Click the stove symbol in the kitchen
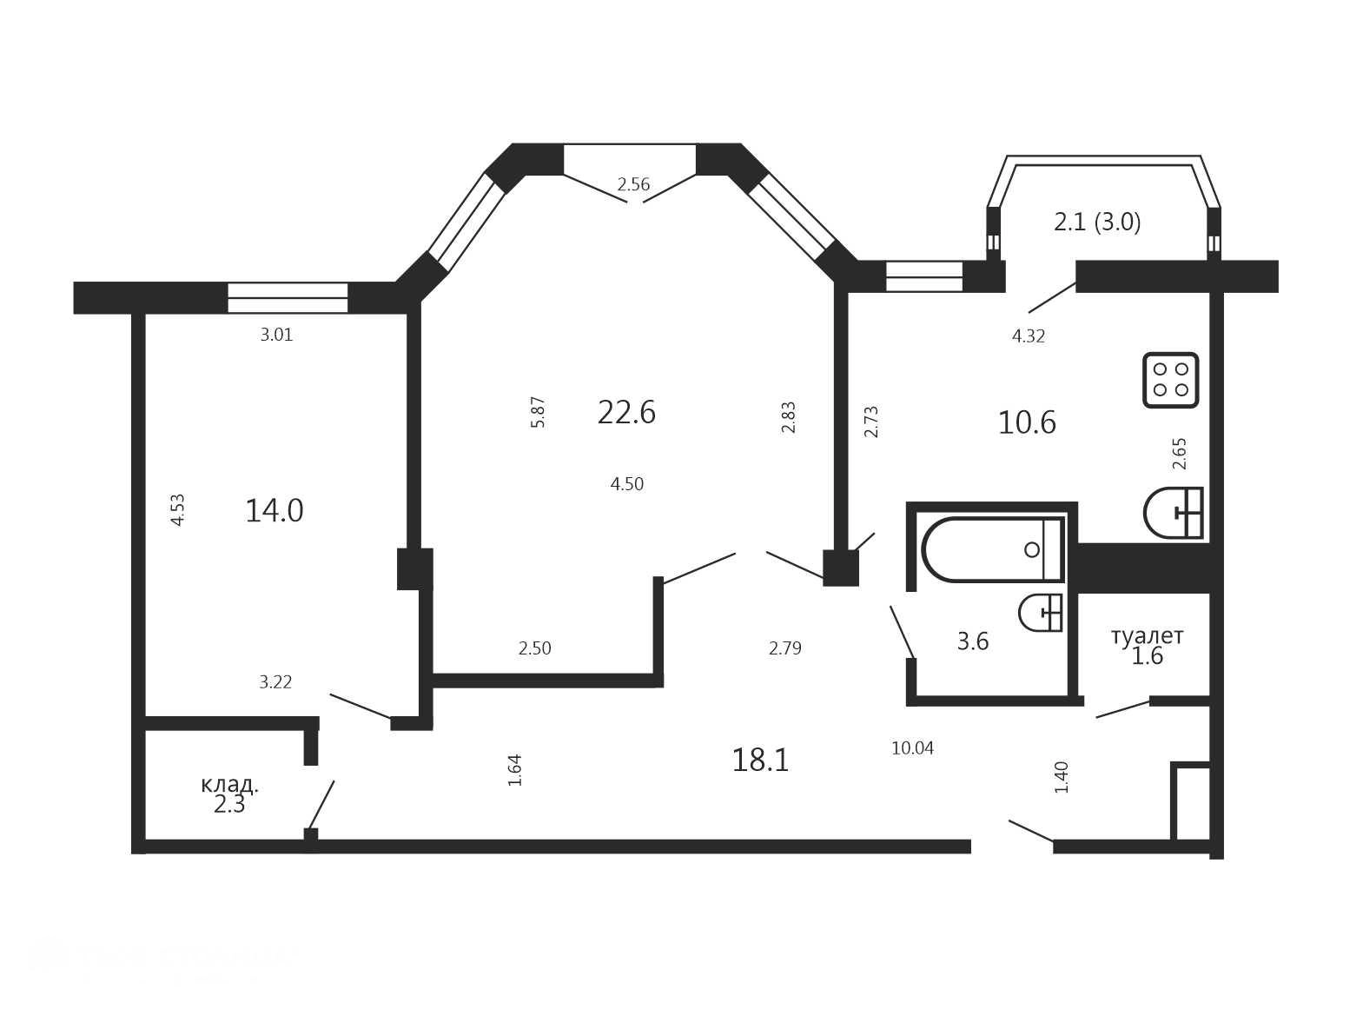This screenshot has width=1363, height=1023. click(1170, 380)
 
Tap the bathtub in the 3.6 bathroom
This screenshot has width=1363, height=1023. click(993, 549)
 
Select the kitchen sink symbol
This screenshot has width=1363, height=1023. click(1173, 513)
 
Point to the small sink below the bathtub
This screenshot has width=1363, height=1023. click(1040, 613)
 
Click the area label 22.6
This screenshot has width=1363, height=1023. click(626, 413)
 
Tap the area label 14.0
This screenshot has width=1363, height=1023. click(274, 511)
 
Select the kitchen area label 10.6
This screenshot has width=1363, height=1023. click(1027, 423)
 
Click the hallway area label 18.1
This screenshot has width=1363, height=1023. click(760, 761)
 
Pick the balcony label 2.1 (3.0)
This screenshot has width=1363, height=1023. click(1096, 222)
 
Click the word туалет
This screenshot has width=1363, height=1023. click(1147, 636)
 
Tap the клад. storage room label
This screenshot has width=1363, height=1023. click(229, 785)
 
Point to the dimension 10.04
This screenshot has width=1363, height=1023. click(912, 748)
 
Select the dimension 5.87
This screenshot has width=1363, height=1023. click(538, 412)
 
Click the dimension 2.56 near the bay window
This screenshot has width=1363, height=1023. click(632, 184)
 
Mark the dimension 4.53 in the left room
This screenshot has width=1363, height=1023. click(177, 510)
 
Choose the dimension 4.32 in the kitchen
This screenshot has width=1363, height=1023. click(1029, 336)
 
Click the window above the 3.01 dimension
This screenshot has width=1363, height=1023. click(288, 297)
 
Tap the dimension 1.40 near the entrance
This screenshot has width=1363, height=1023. click(1062, 777)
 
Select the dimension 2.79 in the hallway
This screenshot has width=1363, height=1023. click(785, 648)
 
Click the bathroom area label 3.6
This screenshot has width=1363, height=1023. click(972, 641)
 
